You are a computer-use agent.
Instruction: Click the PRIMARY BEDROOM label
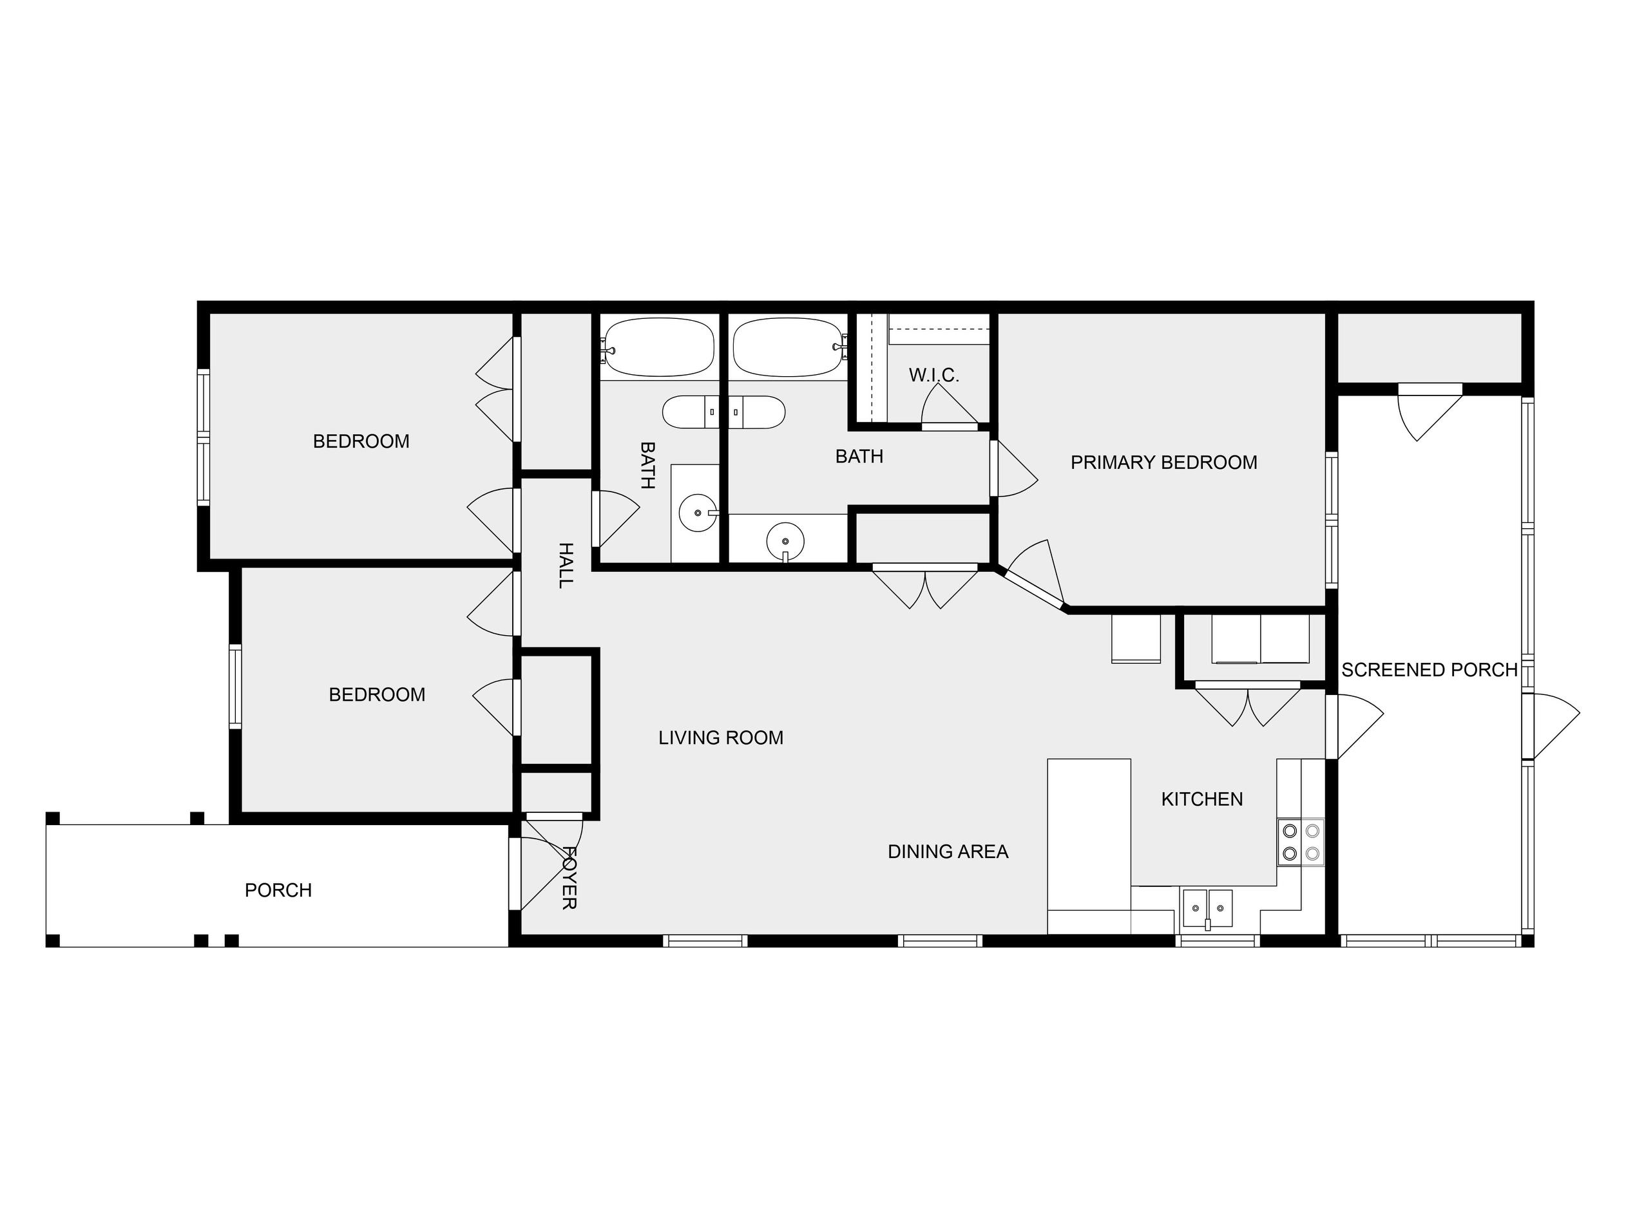coord(1163,462)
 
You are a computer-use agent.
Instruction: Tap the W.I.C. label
coord(933,375)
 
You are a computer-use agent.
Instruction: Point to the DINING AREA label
coord(948,851)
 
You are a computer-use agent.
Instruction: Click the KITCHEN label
coord(1202,799)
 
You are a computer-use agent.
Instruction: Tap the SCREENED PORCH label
coord(1429,669)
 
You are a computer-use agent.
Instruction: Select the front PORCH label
coord(278,890)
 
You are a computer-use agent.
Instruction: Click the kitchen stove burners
coord(1301,843)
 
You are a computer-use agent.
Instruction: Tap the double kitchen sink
coord(1207,908)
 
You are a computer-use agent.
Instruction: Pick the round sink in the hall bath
coord(698,512)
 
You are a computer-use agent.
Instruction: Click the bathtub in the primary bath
coord(789,348)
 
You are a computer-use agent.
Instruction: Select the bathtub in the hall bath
coord(658,348)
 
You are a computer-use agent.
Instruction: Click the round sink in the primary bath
coord(785,542)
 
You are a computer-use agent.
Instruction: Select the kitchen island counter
coord(1089,846)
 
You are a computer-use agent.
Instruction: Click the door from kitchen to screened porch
coord(1355,726)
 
